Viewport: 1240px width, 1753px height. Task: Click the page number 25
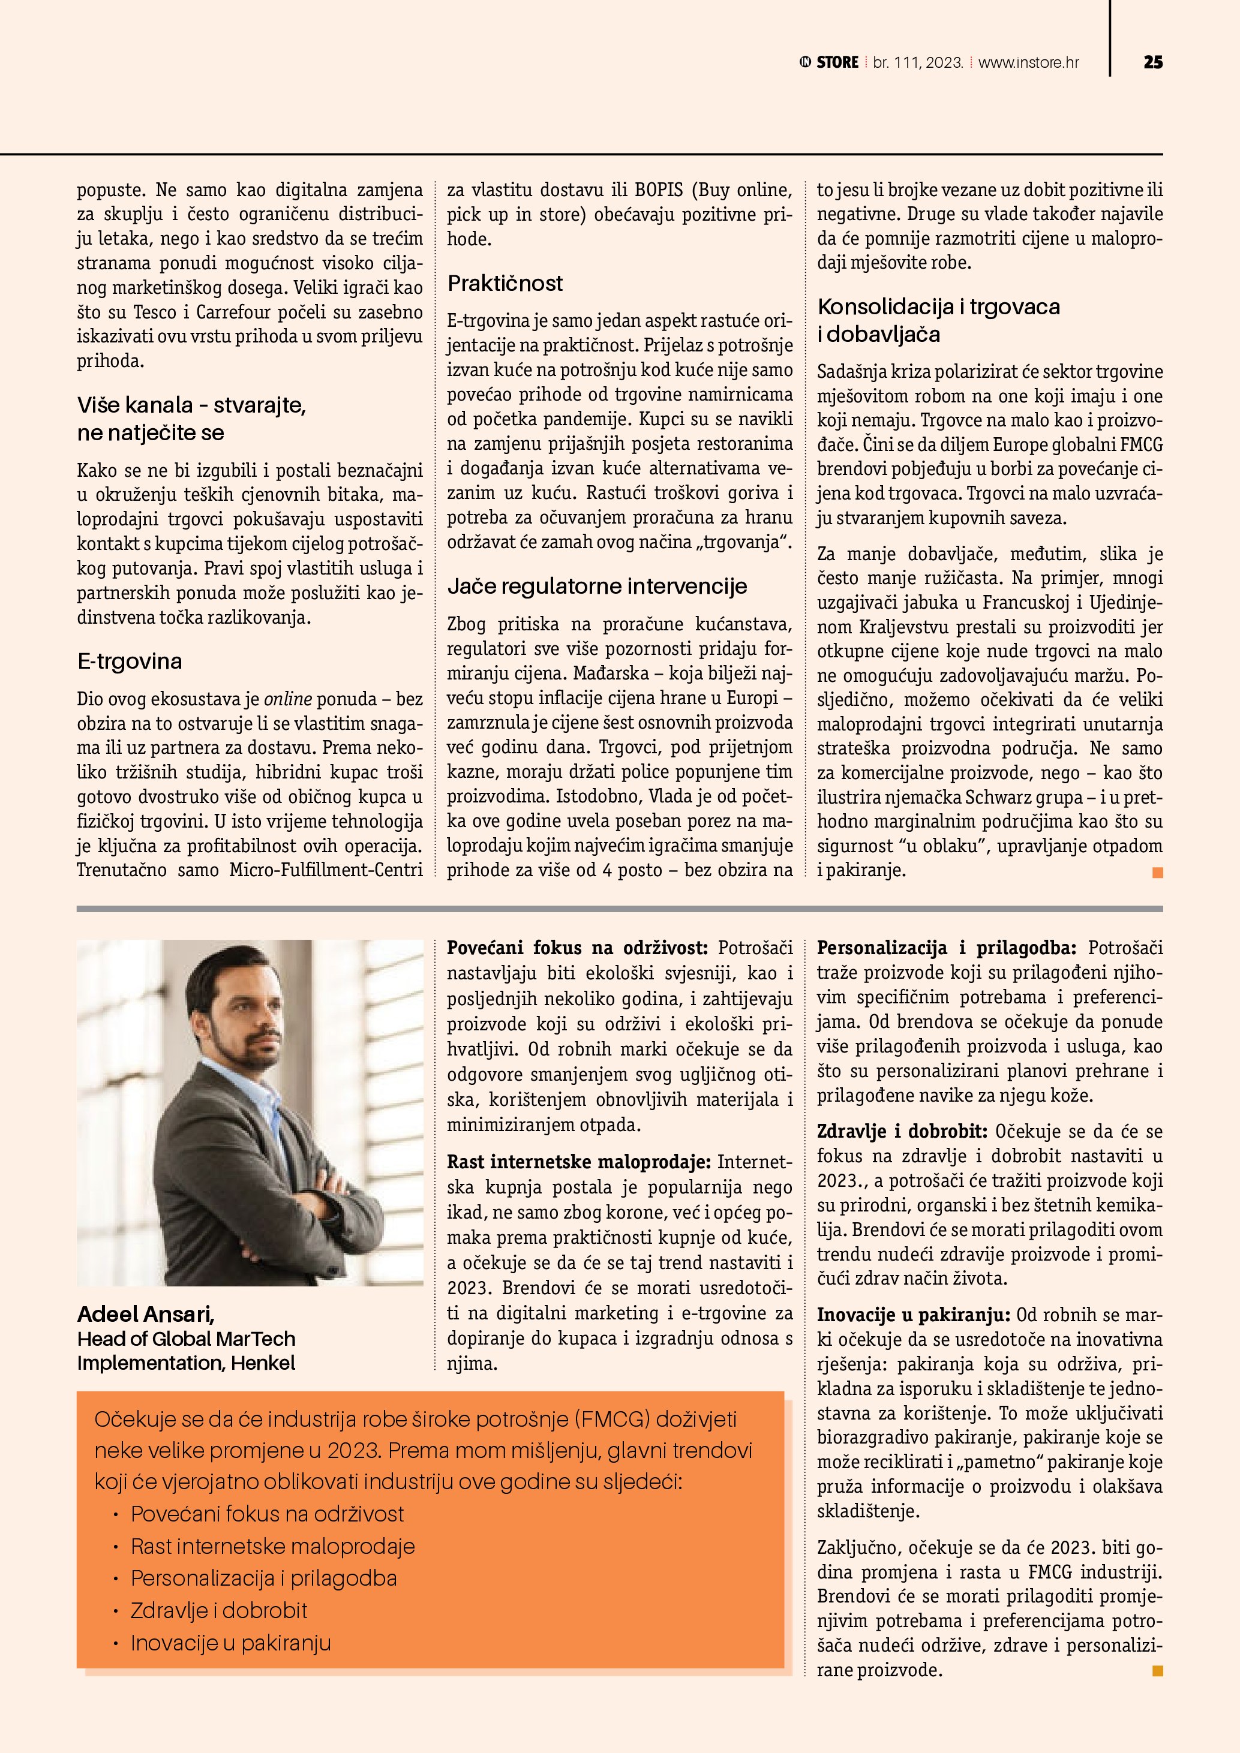1153,62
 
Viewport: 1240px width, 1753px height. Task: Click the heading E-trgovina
130,661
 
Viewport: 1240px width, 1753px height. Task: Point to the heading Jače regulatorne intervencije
597,587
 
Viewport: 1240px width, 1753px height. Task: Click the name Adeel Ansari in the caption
146,1314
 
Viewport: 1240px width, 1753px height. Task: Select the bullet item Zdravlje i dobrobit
219,1610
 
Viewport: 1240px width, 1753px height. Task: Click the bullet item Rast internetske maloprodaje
272,1546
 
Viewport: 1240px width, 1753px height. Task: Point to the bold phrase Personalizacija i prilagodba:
946,948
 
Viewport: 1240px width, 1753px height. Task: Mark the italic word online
288,699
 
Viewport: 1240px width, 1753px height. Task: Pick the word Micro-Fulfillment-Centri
326,870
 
